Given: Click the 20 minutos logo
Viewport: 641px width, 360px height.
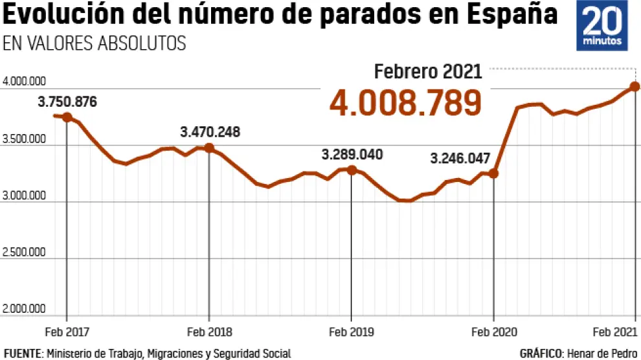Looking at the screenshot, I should click(602, 26).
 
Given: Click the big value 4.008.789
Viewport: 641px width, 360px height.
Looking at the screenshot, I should click(406, 102).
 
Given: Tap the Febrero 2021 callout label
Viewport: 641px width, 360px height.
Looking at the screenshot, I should click(429, 71).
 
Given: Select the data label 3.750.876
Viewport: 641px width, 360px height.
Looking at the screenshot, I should click(67, 102).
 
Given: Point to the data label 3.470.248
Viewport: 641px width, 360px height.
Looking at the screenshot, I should click(210, 132).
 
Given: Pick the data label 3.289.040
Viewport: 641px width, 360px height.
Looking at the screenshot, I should click(352, 155).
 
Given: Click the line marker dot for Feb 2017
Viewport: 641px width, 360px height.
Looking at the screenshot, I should click(67, 117).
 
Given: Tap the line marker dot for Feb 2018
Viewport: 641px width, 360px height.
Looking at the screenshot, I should click(209, 148).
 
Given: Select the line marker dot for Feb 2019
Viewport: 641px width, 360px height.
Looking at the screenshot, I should click(352, 170).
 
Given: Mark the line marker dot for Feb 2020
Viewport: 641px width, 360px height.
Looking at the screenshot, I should click(493, 174).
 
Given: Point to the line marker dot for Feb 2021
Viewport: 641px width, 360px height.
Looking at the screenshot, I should click(635, 87).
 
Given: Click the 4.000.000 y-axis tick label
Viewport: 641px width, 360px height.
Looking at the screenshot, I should click(24, 82).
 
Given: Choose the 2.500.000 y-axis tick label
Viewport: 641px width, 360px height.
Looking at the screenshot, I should click(24, 252).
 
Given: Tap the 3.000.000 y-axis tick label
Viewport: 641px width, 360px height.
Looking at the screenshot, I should click(24, 196).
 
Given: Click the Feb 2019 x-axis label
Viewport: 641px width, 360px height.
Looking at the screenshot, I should click(351, 332).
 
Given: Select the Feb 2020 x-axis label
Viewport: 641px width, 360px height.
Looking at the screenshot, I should click(493, 332).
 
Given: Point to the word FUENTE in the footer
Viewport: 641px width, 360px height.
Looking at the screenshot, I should click(23, 353).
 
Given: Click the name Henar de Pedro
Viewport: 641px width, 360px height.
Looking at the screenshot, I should click(600, 353).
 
